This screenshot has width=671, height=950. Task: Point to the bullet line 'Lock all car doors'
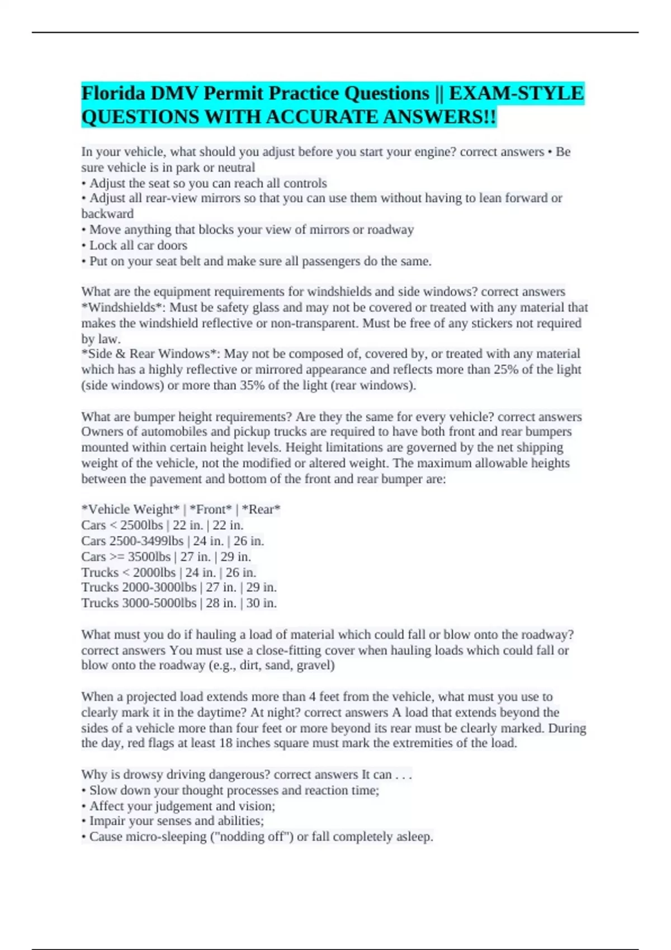(x=138, y=245)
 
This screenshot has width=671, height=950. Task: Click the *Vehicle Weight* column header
(x=130, y=509)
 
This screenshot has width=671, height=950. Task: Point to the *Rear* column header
(x=261, y=509)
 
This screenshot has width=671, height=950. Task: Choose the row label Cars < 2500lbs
(x=122, y=525)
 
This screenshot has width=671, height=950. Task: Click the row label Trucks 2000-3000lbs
(x=139, y=587)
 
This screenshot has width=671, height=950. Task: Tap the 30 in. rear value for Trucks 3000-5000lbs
(x=261, y=603)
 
